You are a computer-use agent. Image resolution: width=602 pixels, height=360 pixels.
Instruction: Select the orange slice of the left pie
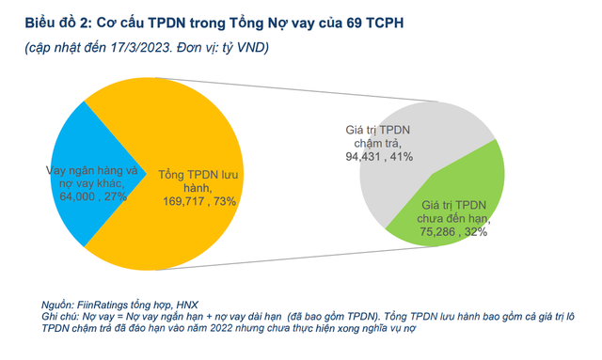(x=198, y=132)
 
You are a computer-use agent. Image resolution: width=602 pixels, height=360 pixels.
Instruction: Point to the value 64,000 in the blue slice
(x=77, y=197)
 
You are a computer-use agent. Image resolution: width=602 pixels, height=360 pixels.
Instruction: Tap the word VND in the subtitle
(x=246, y=47)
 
